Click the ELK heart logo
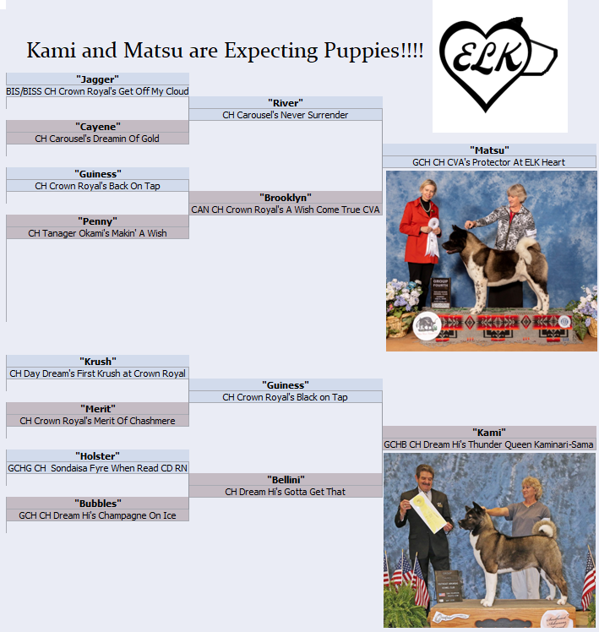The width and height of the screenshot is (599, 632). tap(498, 64)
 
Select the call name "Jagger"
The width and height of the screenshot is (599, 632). tap(97, 79)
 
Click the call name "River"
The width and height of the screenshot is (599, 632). tap(286, 103)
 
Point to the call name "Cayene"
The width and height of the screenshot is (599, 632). tap(97, 127)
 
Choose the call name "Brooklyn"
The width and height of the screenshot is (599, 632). tap(286, 198)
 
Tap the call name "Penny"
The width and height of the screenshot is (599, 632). tap(97, 221)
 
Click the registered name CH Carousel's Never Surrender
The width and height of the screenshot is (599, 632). tap(286, 115)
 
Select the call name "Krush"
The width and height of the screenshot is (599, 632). tap(97, 361)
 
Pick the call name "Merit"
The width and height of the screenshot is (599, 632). tap(97, 409)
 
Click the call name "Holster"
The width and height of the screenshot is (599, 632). tap(97, 456)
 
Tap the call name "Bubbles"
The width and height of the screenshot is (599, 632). tap(97, 504)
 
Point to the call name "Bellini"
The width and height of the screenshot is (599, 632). tap(286, 480)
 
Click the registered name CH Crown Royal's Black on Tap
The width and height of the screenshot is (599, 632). tap(286, 397)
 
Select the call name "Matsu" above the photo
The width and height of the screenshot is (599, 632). tap(489, 150)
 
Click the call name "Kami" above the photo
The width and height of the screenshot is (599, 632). tap(489, 433)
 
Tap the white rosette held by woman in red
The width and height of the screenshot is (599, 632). tap(433, 237)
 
